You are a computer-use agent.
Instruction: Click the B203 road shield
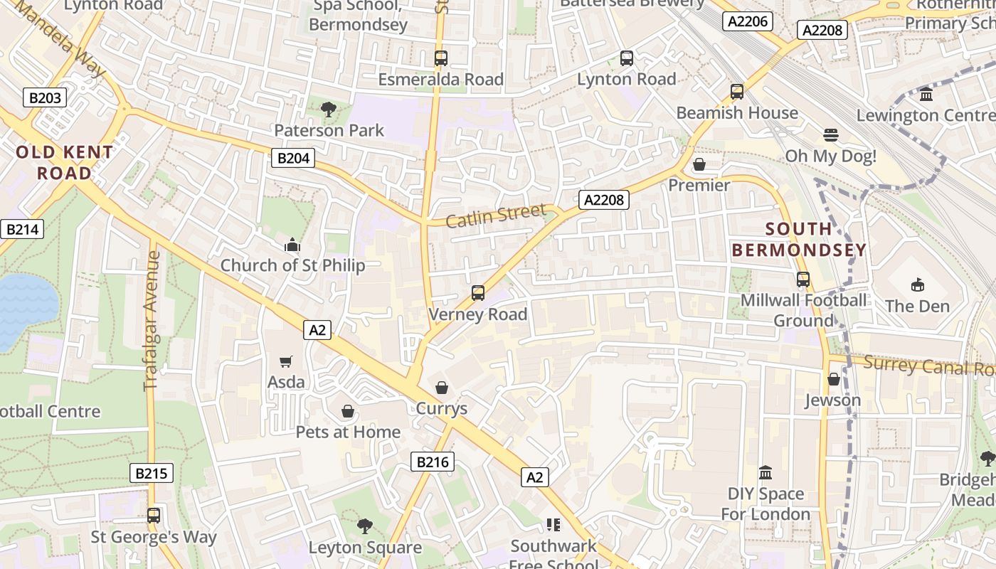45,97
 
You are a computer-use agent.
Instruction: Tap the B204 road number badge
293,158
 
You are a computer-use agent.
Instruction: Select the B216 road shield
432,462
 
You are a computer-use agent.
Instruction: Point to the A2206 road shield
748,21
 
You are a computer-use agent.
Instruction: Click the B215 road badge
152,473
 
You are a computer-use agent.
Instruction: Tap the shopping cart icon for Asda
286,362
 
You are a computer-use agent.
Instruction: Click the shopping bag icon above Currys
442,388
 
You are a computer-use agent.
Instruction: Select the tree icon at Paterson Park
329,110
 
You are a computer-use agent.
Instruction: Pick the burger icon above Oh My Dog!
830,134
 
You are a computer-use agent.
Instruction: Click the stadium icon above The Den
917,285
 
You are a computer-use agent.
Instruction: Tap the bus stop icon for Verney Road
478,293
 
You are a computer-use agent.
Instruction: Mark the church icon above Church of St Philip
292,245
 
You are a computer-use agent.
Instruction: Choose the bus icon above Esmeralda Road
441,58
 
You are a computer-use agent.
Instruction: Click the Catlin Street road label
496,215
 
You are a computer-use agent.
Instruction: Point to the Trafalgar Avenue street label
152,321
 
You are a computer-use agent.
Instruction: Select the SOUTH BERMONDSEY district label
799,239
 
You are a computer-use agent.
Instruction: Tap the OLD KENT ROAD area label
64,162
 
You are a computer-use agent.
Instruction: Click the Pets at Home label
348,432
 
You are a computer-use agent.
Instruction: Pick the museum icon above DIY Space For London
765,473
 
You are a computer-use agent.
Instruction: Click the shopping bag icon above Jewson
833,379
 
